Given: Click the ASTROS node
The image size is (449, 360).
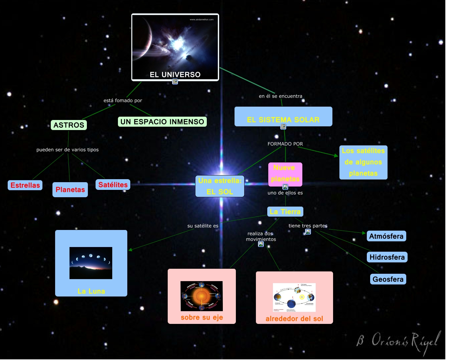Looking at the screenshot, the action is coord(69,125).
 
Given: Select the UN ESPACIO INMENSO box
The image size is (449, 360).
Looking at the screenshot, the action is coord(162,122).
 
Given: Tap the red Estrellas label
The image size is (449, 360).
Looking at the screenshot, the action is coord(25,185).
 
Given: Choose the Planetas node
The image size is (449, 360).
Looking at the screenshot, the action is coord(70,190).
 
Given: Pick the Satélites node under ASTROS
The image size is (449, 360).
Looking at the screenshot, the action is coord(113,185).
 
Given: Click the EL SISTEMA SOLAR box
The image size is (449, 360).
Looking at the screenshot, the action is coord(283,117).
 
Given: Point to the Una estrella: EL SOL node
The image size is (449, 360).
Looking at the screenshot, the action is coord(219,186).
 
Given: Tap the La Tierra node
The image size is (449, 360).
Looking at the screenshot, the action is coord(285,212).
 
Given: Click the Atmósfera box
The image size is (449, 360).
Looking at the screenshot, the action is coord(386,236).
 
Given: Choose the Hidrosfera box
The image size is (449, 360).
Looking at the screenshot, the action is coord(387,257).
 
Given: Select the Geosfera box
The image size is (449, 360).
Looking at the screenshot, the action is coord(388,279).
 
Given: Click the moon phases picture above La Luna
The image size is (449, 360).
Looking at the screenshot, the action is coord(91,263).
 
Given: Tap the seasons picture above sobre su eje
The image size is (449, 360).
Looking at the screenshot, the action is coord(201,296).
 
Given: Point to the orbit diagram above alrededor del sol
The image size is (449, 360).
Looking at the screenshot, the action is coord(294,297).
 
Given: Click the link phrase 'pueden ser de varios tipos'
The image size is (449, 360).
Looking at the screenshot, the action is coord(67,150).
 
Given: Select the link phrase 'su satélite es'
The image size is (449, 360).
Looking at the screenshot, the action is coord(203,226).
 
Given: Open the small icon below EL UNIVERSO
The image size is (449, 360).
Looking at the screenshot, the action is coord(175,82).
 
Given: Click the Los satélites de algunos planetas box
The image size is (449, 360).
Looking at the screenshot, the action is coord(363,162).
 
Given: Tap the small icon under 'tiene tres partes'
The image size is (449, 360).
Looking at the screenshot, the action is coord(308,232).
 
